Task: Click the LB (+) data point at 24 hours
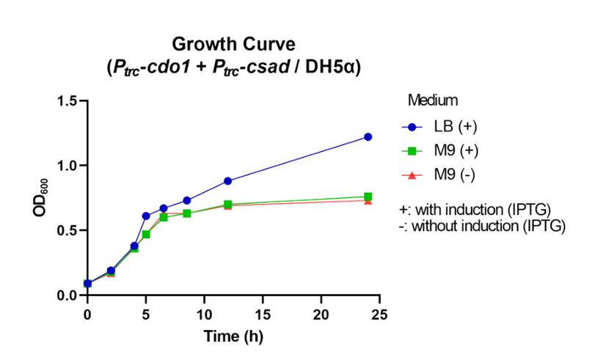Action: click(x=368, y=137)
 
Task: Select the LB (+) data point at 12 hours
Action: click(x=227, y=180)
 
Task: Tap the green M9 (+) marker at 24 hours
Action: click(x=368, y=196)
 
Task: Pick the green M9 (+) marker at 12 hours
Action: click(x=227, y=205)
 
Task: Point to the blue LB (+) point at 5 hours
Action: click(x=146, y=216)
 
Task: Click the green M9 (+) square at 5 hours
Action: click(x=146, y=234)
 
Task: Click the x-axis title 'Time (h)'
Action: click(x=233, y=337)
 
